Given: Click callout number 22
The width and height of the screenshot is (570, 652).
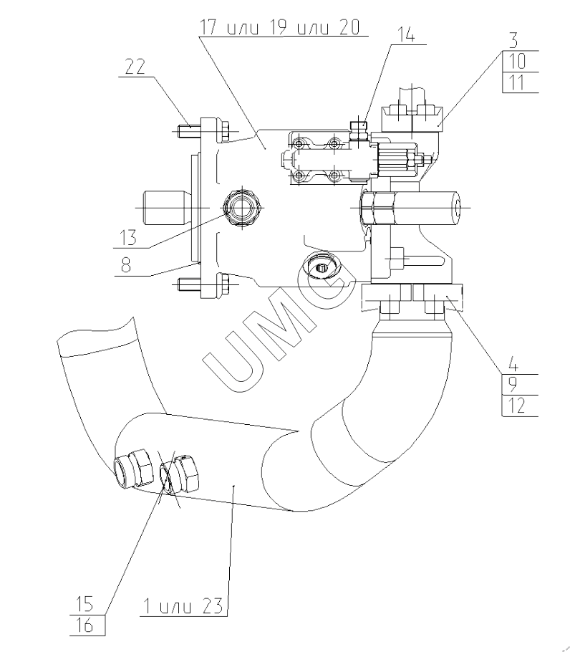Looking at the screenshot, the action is pyautogui.click(x=135, y=67).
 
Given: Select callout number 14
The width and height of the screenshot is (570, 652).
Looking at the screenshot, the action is pyautogui.click(x=406, y=34).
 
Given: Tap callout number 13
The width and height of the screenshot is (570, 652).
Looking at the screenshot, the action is pyautogui.click(x=128, y=238).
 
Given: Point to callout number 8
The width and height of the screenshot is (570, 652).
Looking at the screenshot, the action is pyautogui.click(x=126, y=264).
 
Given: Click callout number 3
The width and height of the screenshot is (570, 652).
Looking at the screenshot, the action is pyautogui.click(x=514, y=41).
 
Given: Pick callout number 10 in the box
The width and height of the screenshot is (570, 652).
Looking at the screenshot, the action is pyautogui.click(x=516, y=62).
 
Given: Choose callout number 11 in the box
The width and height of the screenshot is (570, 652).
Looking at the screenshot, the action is pyautogui.click(x=516, y=82).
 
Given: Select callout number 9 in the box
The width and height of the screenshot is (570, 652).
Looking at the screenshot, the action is pyautogui.click(x=513, y=385).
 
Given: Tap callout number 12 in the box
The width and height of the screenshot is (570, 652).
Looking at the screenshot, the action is pyautogui.click(x=516, y=406).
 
